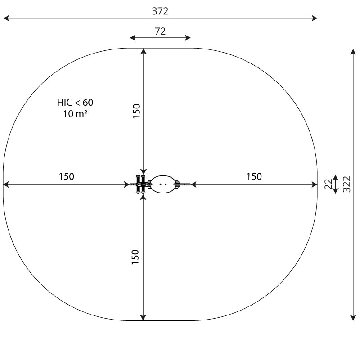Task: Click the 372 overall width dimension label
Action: pos(160,11)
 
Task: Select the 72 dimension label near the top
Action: pos(160,31)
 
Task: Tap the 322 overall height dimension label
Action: pos(346,184)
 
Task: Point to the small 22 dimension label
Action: pos(328,184)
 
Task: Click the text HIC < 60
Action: pos(75,103)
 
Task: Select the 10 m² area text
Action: pos(75,114)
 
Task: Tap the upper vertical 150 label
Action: pos(136,111)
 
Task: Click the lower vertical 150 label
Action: pos(135,256)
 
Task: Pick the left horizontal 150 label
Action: pos(67,176)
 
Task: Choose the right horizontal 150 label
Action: pos(254,176)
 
